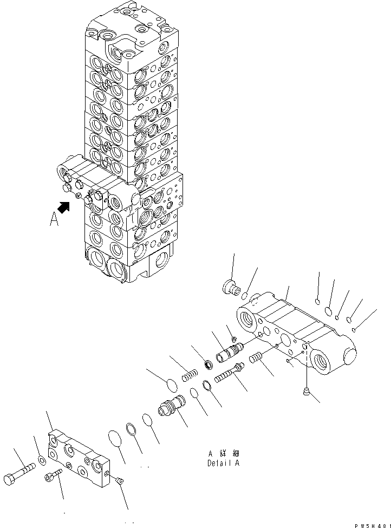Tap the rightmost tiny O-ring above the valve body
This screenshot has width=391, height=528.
353,329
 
